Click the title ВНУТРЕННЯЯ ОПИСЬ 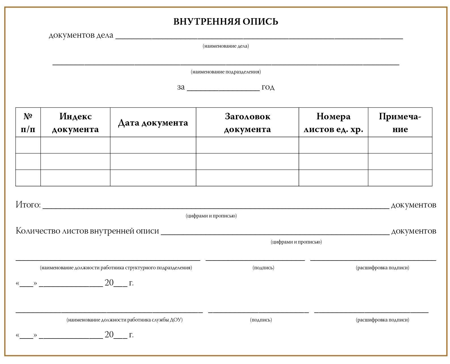[x=226, y=22]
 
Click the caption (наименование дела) [x=226, y=46]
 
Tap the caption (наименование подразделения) [x=226, y=72]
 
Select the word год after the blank [x=268, y=87]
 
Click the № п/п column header [x=28, y=122]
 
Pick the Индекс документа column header [x=75, y=122]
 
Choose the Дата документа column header [x=153, y=123]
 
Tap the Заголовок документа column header [x=247, y=122]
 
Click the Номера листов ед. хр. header [x=333, y=122]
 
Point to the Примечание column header [x=400, y=122]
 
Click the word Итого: [x=28, y=205]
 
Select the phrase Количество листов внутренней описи [x=87, y=231]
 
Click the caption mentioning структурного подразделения [x=116, y=268]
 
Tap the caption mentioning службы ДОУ [x=124, y=320]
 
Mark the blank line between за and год [x=223, y=89]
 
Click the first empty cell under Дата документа [x=153, y=145]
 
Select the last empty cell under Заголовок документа [x=247, y=178]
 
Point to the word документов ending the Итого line [x=413, y=205]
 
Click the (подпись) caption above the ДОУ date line [x=261, y=320]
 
